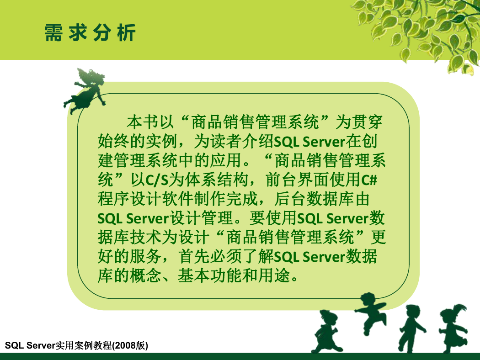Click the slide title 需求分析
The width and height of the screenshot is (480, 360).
(90, 32)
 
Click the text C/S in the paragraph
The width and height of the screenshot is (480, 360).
(157, 180)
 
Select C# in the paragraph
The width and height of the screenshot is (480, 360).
(369, 180)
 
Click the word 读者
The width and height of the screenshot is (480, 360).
(226, 141)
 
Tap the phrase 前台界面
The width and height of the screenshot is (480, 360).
(297, 180)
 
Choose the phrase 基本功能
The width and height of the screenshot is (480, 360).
(210, 275)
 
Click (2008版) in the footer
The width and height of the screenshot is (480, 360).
(130, 346)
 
